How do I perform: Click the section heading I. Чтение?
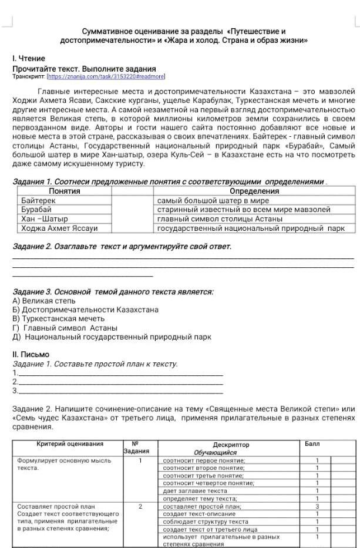point(29,59)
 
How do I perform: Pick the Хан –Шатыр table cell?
point(41,218)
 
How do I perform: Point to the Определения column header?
point(254,191)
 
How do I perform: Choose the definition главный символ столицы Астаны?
point(220,218)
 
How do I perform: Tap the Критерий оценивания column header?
point(70,444)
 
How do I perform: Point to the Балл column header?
point(312,444)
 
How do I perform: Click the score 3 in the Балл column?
point(317,505)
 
